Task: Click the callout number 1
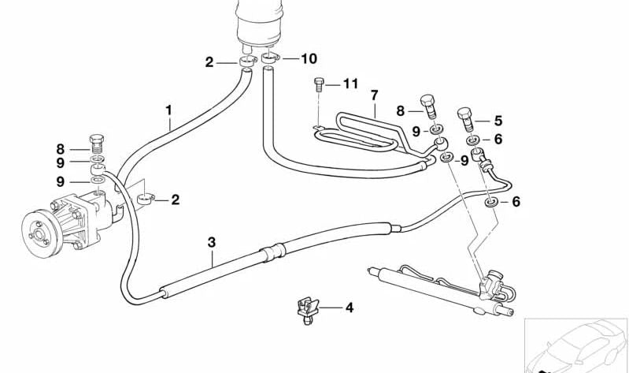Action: point(169,110)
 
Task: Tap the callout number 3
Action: point(212,242)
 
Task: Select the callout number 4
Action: point(350,308)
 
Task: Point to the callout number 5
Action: point(498,121)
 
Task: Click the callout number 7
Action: point(374,95)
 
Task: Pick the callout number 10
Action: point(309,58)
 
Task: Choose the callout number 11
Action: point(350,84)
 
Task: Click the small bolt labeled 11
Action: point(319,84)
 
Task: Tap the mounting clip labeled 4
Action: point(307,310)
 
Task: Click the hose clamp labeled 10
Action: point(270,58)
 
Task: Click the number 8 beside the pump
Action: point(60,150)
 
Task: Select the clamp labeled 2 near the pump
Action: point(146,199)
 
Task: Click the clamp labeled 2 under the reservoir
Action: point(247,62)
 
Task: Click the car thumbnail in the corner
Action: point(576,345)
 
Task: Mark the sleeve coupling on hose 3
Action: point(273,252)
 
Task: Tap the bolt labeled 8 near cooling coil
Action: point(428,106)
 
